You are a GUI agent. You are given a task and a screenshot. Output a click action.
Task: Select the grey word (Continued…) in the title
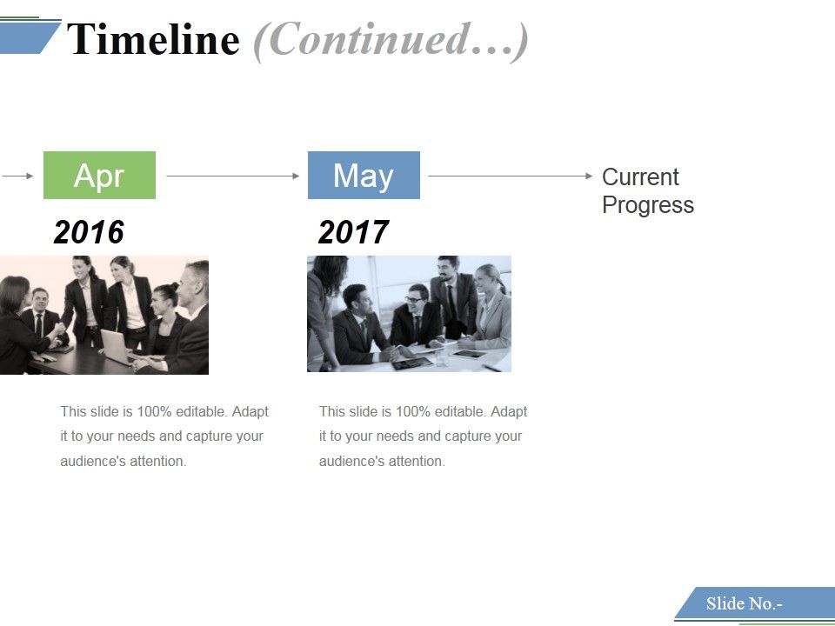click(391, 40)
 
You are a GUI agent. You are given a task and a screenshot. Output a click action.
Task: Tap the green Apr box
click(99, 176)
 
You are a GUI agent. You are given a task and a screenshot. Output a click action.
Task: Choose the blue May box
click(364, 176)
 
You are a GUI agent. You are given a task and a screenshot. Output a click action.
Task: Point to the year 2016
click(89, 232)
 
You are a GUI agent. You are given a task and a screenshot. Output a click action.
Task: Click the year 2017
click(353, 232)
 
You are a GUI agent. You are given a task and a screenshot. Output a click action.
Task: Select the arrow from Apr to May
click(232, 176)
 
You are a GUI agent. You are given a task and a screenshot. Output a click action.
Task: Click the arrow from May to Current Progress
click(510, 176)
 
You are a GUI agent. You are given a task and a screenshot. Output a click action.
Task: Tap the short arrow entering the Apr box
click(17, 176)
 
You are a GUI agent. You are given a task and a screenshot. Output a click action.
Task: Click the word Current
click(640, 177)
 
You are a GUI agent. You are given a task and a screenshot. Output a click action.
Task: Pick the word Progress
click(648, 205)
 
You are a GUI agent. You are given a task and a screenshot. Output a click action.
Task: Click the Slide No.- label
click(745, 603)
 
